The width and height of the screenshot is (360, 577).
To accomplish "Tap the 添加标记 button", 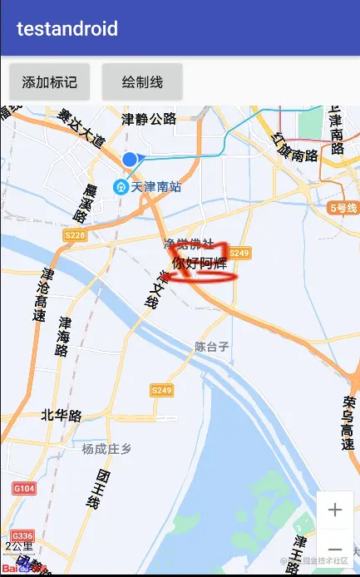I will click(x=49, y=81).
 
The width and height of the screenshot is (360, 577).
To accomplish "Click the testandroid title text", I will click(x=67, y=29).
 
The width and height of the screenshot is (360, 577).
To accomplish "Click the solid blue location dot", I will click(x=129, y=159).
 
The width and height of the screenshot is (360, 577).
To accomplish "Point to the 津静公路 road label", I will click(x=149, y=119).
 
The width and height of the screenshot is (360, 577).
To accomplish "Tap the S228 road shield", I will click(x=74, y=236).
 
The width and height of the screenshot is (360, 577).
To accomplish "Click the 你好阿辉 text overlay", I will click(x=199, y=264).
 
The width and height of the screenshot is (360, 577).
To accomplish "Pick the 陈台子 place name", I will click(x=211, y=346).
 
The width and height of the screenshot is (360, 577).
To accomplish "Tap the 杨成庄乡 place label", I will click(x=106, y=449).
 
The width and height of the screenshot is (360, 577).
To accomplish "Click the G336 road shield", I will click(x=22, y=535).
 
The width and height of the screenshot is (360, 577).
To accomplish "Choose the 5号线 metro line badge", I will click(x=343, y=208).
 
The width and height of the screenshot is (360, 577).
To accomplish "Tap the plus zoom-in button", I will click(x=335, y=510).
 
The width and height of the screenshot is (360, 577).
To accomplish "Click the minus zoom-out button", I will click(x=335, y=549).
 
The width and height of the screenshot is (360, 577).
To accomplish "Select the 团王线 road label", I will click(x=97, y=489).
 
